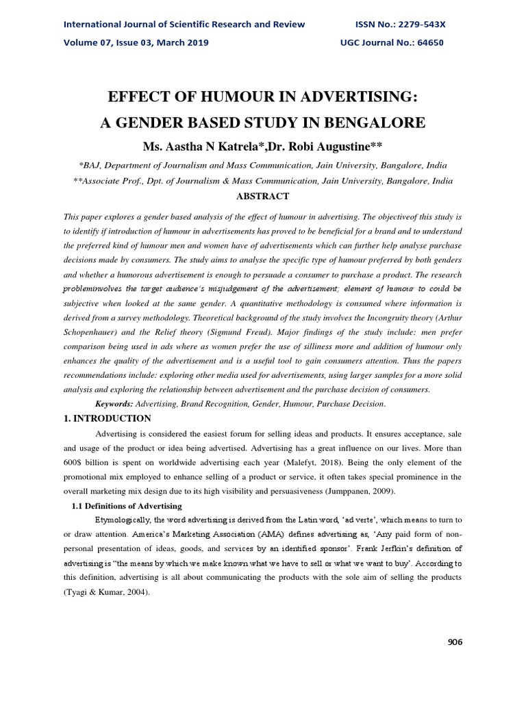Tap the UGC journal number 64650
coord(427,42)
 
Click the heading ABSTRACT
coord(262,196)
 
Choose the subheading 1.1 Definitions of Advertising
coord(127,506)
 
